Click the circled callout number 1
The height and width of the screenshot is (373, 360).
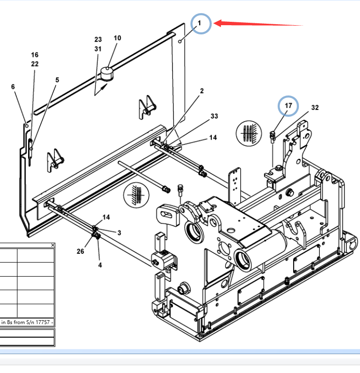(201, 23)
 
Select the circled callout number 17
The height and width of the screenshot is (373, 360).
(288, 105)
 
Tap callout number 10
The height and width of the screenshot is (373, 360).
(117, 38)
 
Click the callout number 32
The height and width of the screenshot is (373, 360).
(315, 108)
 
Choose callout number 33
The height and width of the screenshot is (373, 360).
(214, 117)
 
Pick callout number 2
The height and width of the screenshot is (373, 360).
(202, 91)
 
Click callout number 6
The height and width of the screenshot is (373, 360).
(13, 87)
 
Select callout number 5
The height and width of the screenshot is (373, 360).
(57, 80)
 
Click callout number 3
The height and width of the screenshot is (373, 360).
(119, 233)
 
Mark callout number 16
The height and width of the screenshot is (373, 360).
(35, 55)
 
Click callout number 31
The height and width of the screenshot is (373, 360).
(98, 49)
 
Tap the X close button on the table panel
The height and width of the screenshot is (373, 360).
(53, 245)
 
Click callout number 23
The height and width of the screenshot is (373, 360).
(98, 39)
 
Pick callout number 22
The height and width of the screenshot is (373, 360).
(35, 64)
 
